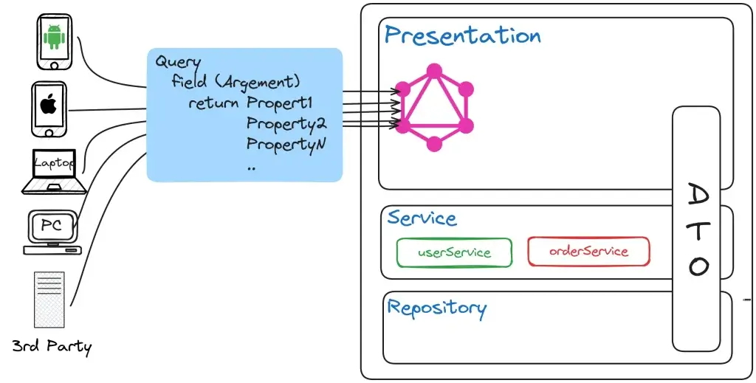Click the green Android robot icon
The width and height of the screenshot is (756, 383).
54,37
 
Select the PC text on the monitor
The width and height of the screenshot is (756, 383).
52,225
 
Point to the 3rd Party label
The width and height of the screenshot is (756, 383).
52,346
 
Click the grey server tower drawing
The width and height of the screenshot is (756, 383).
49,299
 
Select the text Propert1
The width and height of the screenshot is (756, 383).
280,103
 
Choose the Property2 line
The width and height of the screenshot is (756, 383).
286,124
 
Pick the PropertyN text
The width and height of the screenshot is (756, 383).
286,145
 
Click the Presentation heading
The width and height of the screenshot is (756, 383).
463,35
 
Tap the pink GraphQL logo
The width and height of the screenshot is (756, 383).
434,108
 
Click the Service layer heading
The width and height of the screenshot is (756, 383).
422,218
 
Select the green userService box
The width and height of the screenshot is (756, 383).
454,252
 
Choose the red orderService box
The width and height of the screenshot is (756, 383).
588,251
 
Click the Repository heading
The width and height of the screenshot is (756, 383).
437,308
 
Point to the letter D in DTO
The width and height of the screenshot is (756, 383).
698,195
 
